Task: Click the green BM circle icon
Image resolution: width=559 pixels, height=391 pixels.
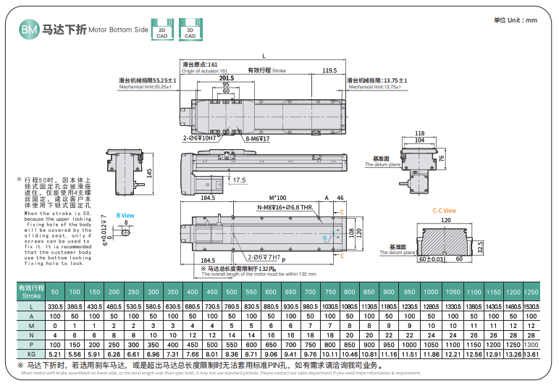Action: [x=29, y=30]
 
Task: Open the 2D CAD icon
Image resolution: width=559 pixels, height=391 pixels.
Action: [x=161, y=29]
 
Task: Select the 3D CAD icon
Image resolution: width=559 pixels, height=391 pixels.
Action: [x=190, y=29]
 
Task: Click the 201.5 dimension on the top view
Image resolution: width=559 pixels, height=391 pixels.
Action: [x=227, y=77]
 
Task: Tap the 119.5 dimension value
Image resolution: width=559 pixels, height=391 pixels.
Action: [x=329, y=70]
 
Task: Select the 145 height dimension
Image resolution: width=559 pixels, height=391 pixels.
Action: [x=148, y=173]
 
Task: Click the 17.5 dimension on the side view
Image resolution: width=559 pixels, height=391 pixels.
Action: [x=239, y=180]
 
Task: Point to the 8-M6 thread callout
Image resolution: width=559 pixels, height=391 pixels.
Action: [x=257, y=138]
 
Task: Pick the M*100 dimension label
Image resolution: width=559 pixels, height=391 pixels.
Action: [x=278, y=197]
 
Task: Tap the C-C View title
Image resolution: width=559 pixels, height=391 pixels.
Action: [x=444, y=211]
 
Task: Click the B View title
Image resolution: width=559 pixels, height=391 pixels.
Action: [x=125, y=215]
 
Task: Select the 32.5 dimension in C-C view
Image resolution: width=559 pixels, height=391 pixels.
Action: [x=480, y=245]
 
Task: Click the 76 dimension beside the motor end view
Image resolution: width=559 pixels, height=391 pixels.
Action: [x=440, y=157]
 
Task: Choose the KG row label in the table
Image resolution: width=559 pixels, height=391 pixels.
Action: [x=32, y=354]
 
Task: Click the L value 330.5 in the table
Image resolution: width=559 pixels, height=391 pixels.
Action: [x=56, y=308]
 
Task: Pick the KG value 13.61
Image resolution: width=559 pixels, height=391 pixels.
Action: [x=531, y=354]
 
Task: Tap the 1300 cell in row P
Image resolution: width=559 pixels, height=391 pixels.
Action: [x=531, y=345]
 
